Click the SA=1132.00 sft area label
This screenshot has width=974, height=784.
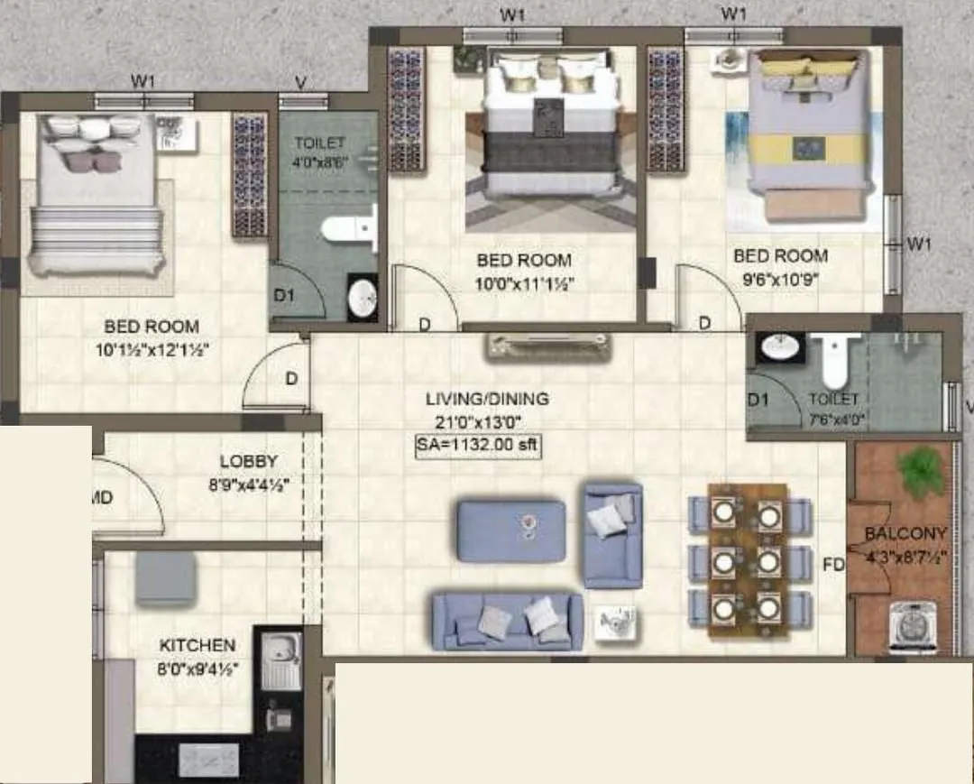click(x=478, y=446)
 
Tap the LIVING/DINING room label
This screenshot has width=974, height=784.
click(x=487, y=399)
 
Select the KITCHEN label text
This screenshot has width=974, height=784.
click(x=198, y=645)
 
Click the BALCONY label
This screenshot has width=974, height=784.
click(x=905, y=533)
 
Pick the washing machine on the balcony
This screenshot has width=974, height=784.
click(x=912, y=626)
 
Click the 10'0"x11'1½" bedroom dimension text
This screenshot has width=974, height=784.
click(x=525, y=283)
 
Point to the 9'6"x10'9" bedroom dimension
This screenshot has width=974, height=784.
click(x=780, y=279)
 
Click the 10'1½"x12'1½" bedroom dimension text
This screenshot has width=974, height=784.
click(x=151, y=350)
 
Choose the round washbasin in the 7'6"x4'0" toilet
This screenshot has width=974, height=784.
click(x=779, y=346)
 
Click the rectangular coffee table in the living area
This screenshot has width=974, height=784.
click(x=511, y=530)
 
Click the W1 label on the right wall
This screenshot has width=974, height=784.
click(x=918, y=243)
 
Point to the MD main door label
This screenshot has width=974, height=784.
click(x=102, y=496)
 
